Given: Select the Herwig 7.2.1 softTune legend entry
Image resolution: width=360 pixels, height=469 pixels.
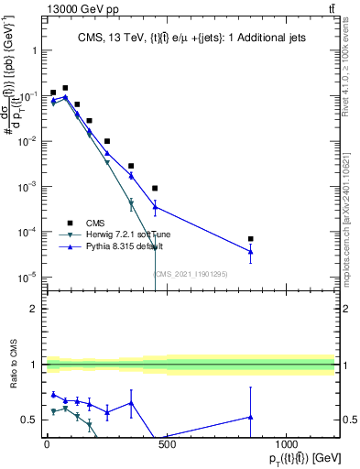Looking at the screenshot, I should pos(123,234).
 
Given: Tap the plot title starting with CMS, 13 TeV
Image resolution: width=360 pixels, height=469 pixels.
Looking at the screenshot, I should pos(191,37).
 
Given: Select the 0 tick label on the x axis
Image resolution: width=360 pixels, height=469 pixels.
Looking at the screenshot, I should pos(47,444).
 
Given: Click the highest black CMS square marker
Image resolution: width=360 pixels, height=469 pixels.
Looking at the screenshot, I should pos(65,88).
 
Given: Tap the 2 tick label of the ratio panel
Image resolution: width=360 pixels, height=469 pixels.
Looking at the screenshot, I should pos(32,309).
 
